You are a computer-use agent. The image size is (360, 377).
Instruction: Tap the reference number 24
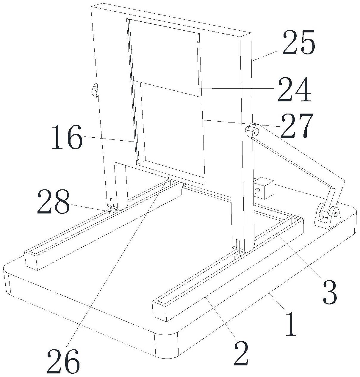[x=294, y=89]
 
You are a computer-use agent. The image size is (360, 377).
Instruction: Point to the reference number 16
[x=67, y=138]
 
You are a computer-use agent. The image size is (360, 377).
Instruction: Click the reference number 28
[x=54, y=202]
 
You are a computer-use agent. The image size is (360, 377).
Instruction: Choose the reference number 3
[x=329, y=292]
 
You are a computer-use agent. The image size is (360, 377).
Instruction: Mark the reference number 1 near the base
[x=291, y=323]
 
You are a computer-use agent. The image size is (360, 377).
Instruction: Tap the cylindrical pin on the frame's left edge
[x=95, y=90]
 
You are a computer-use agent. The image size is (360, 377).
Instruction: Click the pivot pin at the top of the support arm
[x=251, y=130]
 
